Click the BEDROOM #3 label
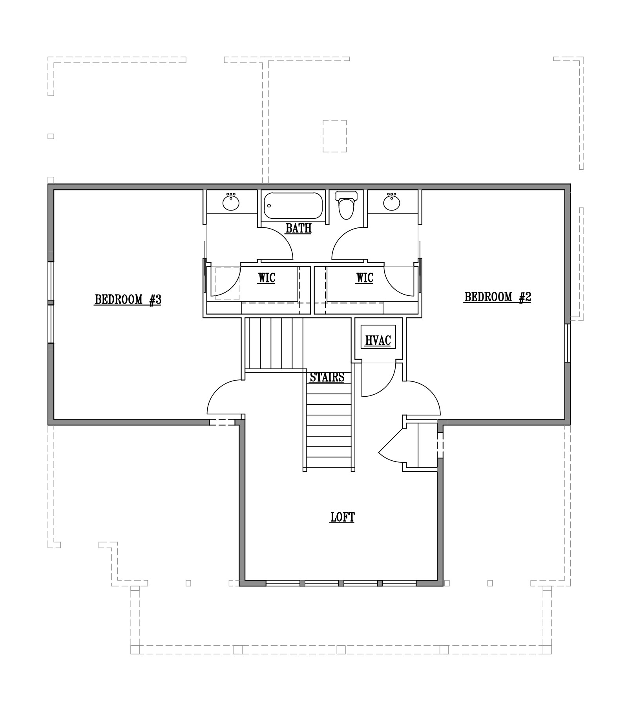(x=128, y=300)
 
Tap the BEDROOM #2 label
(x=498, y=297)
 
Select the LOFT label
(x=343, y=517)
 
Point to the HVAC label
(x=378, y=340)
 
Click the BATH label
(x=299, y=228)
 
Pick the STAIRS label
(x=327, y=377)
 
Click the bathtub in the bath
(x=293, y=205)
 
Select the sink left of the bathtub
(x=231, y=202)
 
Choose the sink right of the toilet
(x=391, y=202)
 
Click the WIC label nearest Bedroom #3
(x=267, y=278)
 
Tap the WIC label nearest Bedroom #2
(x=365, y=278)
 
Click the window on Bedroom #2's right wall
(x=568, y=343)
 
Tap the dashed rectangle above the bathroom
(x=335, y=136)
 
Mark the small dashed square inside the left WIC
(x=228, y=284)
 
